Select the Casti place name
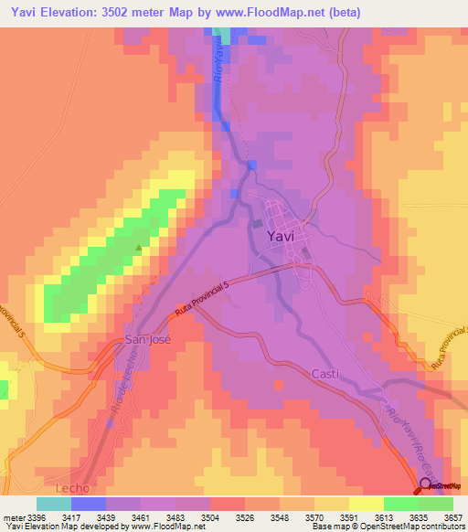[x=325, y=374]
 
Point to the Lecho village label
[x=71, y=488]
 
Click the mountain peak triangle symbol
[x=139, y=247]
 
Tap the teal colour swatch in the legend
[x=53, y=504]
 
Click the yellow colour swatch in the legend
[x=366, y=504]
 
